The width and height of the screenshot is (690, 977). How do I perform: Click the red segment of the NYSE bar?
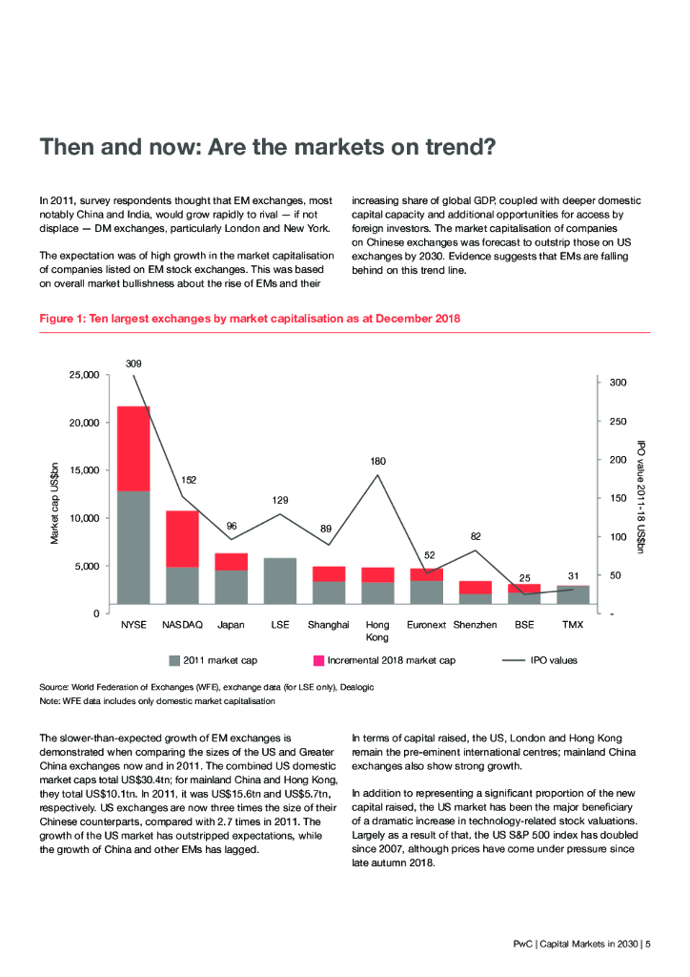[133, 448]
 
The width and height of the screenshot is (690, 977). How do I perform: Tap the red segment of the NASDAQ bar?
[182, 539]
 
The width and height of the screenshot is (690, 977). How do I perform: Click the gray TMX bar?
[573, 594]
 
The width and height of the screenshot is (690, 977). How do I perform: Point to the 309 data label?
[133, 364]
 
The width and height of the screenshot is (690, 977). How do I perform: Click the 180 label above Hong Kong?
[378, 462]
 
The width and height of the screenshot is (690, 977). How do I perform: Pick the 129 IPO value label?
[280, 501]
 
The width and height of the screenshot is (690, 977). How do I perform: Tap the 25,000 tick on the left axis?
[85, 375]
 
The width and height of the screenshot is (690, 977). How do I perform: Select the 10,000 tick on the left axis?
[85, 518]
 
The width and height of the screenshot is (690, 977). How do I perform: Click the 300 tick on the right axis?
[618, 383]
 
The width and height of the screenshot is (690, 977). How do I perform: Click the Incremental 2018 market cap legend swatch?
[318, 659]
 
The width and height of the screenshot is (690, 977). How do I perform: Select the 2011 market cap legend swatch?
[174, 659]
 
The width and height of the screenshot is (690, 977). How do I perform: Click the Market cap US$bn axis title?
[53, 504]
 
